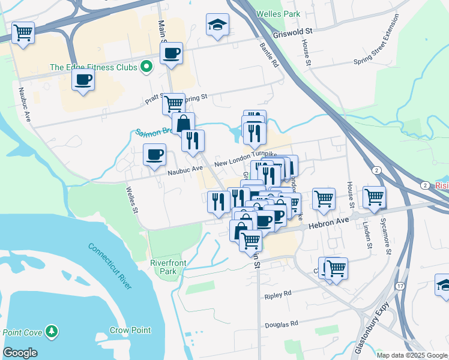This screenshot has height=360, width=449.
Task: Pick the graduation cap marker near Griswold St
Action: click(217, 25)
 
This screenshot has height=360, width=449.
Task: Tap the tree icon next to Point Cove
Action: click(53, 331)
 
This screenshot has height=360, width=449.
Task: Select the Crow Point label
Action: click(130, 330)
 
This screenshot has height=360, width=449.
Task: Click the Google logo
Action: click(20, 353)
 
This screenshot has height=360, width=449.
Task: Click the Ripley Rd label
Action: click(278, 295)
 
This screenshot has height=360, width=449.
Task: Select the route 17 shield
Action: click(400, 286)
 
